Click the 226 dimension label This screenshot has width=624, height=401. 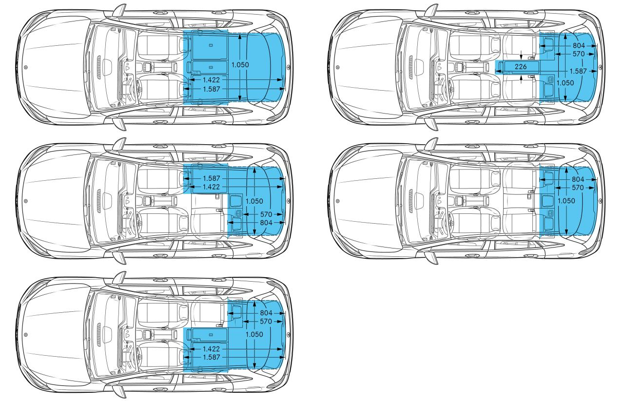(x=521, y=67)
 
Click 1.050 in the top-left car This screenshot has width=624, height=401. (x=240, y=65)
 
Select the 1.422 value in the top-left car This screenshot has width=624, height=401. (x=211, y=80)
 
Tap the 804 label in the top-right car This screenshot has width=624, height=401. (x=579, y=45)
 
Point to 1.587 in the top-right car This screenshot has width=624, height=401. (x=578, y=71)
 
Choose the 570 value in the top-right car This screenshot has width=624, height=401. (x=579, y=54)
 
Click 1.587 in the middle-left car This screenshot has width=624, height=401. (x=212, y=178)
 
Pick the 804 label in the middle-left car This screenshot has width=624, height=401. (x=266, y=223)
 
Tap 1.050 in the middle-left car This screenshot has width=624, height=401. (x=254, y=201)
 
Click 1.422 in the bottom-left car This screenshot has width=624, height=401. (x=211, y=349)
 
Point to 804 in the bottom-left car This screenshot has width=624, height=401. (x=266, y=313)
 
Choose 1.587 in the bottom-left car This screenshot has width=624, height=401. (x=212, y=357)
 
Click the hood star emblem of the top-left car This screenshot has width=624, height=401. (x=26, y=67)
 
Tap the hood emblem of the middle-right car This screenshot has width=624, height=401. (x=338, y=201)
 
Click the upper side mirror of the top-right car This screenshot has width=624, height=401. (x=431, y=11)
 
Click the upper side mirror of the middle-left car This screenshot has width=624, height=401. (x=119, y=144)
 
